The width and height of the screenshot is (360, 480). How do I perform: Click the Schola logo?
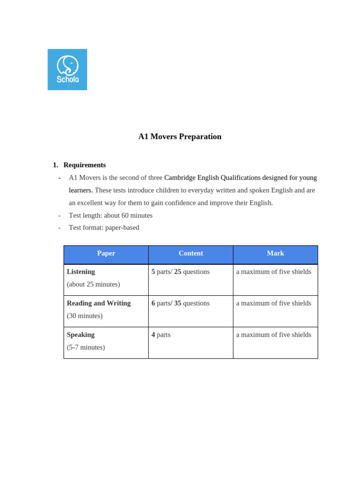[67, 69]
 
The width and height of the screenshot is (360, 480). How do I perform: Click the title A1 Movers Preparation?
[180, 136]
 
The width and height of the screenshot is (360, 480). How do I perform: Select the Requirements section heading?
[84, 165]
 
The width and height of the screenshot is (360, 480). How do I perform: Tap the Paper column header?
[106, 254]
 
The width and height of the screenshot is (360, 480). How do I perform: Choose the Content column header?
[191, 254]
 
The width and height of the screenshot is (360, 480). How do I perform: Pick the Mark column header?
[275, 254]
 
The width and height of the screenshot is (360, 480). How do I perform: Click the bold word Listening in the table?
[81, 272]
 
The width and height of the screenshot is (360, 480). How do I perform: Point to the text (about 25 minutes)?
[93, 285]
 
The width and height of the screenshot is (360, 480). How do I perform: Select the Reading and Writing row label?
[98, 303]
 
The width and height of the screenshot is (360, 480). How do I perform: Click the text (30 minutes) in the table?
[84, 316]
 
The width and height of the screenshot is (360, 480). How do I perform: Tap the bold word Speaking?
[81, 335]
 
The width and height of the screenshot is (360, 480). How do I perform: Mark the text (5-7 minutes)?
[86, 347]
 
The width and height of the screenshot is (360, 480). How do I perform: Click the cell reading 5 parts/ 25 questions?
[180, 272]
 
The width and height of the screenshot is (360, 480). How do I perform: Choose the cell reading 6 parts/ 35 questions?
[180, 303]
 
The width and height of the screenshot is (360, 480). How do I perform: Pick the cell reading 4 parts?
[161, 335]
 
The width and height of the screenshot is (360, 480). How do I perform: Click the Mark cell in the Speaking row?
[273, 335]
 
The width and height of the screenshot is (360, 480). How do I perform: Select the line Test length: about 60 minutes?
[111, 216]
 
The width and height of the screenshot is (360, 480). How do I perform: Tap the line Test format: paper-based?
[104, 228]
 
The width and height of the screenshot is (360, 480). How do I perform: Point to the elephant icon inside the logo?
[67, 65]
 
